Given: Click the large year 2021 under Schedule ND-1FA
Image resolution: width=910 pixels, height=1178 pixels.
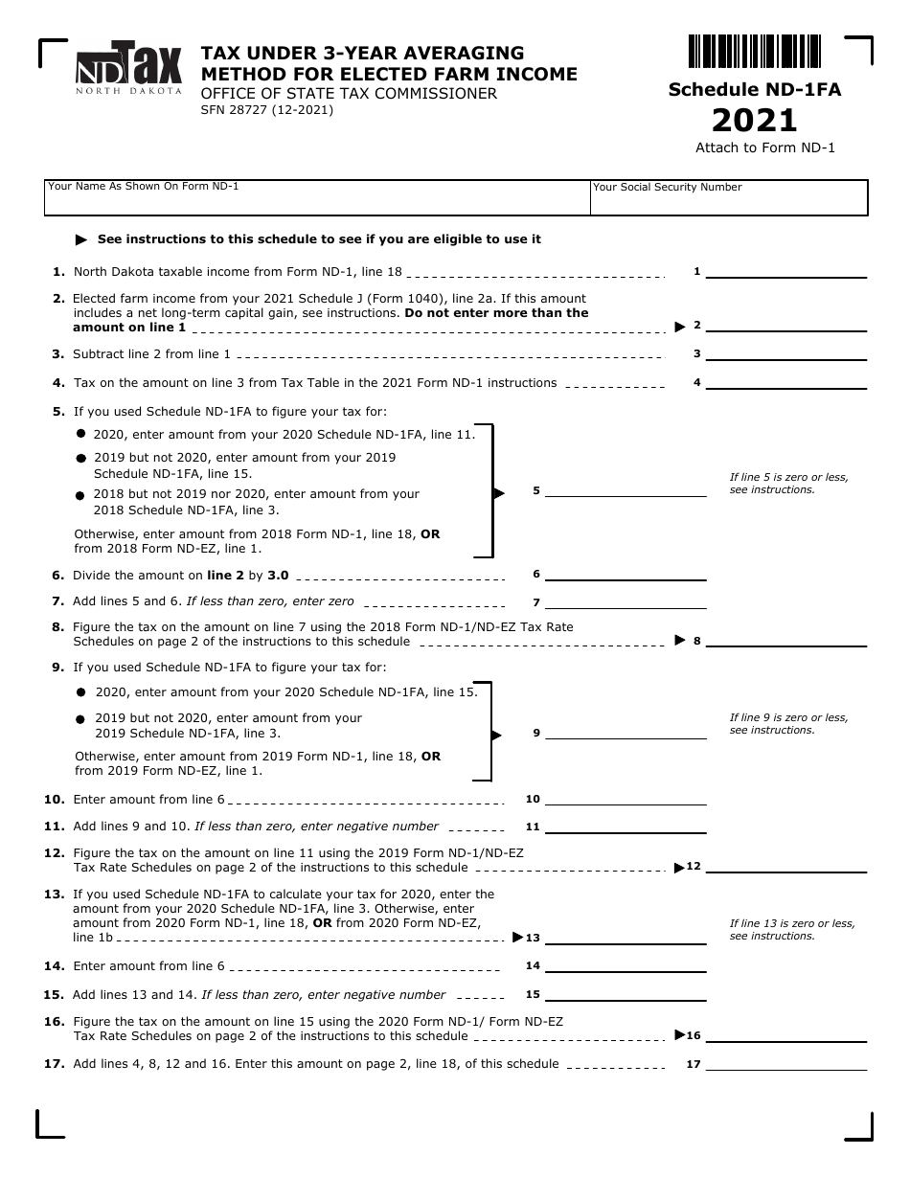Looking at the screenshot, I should [x=754, y=121].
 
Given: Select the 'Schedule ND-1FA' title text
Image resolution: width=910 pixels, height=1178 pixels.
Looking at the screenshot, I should [x=754, y=90].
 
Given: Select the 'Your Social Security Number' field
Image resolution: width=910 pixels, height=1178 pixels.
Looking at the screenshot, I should [x=728, y=198].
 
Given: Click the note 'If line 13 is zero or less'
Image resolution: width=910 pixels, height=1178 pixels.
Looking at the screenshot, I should [x=791, y=923].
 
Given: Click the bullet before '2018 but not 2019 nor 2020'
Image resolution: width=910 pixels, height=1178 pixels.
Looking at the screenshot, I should [x=81, y=495].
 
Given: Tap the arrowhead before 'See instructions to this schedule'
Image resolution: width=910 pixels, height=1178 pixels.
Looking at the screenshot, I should [x=80, y=239].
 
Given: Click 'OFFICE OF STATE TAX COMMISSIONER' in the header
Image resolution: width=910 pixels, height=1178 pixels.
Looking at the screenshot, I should [x=349, y=94].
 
